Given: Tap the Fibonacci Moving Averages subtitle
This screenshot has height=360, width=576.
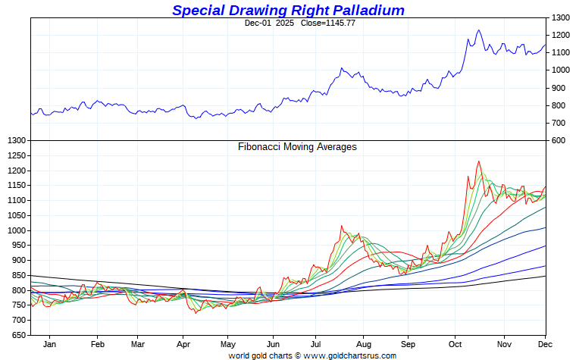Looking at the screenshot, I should point(297,147).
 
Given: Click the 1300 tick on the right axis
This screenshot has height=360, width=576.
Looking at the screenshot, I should point(561,17).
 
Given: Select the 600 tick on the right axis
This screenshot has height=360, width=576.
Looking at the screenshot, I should point(559,141).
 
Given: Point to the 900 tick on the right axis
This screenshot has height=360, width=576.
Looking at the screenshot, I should point(559,88).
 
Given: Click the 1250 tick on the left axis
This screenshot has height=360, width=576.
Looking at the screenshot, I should point(15,155).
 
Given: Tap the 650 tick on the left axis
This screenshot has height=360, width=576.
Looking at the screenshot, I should point(17,335).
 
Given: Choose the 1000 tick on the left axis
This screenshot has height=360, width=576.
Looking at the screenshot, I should point(15,230).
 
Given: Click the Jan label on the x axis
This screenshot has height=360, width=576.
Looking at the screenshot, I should point(49,344).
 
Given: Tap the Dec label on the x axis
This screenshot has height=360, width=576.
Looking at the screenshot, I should point(545,344).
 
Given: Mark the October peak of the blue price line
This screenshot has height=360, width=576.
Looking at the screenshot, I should point(478,30).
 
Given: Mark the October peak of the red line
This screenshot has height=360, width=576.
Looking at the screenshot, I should point(478,161).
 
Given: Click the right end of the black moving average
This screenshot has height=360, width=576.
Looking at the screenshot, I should point(546,276).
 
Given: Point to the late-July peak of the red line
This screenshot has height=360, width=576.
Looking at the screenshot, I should point(342,226).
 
